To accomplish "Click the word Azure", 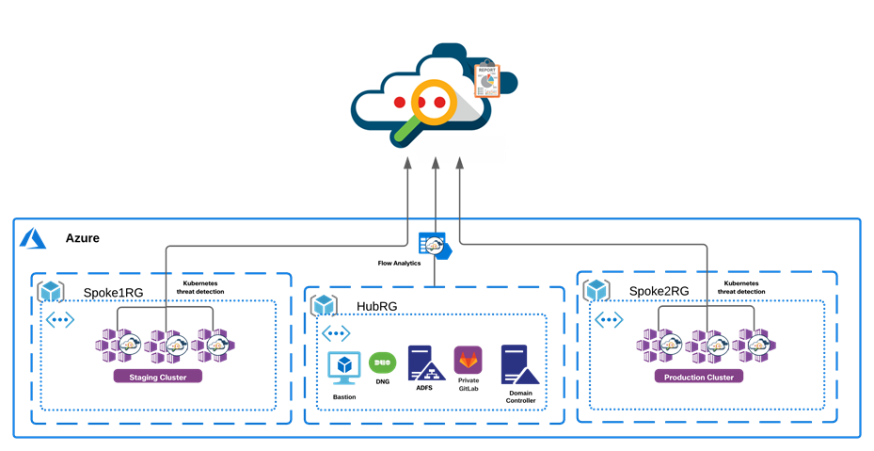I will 83,238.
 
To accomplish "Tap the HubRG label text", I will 378,307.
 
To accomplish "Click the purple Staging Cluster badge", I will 157,377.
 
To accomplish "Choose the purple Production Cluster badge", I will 698,376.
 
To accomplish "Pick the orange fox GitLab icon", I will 468,361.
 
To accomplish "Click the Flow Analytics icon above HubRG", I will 434,246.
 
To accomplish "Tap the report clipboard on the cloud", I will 487,81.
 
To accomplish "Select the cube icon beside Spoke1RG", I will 51,292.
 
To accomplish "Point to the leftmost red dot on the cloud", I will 400,101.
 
